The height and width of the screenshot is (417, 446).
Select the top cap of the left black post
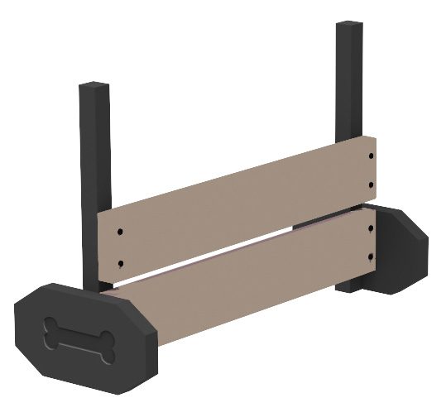click(94, 86)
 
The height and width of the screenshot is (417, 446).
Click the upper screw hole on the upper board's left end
click(121, 232)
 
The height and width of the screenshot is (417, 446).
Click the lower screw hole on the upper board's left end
click(121, 264)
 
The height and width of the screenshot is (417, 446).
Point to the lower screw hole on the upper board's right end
click(371, 185)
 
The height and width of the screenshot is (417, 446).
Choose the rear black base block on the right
click(401, 248)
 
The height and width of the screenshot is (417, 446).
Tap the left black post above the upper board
click(94, 149)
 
